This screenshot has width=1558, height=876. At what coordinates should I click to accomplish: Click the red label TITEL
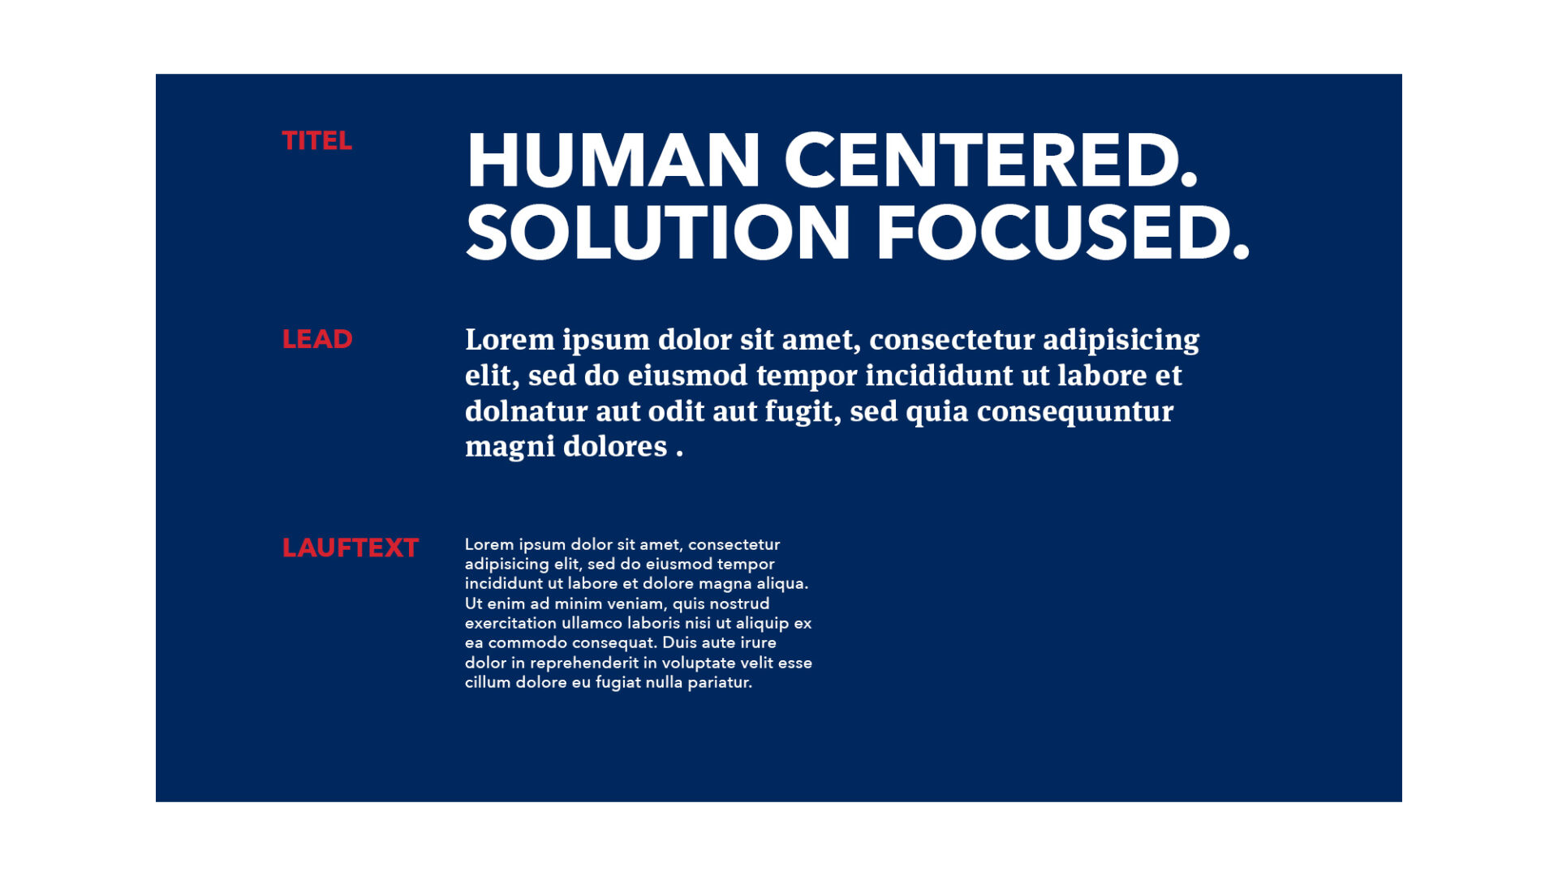point(316,141)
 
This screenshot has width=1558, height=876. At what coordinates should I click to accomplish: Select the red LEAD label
point(316,339)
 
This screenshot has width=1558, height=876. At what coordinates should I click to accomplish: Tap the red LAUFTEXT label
point(350,548)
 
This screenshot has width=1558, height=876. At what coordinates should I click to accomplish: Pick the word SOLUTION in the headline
point(658,233)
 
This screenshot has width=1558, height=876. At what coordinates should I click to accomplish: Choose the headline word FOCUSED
point(1063,233)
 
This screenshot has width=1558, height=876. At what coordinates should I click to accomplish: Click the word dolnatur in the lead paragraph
point(526,411)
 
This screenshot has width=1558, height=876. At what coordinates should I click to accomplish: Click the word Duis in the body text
point(678,642)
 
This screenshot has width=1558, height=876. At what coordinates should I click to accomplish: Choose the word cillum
point(488,682)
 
